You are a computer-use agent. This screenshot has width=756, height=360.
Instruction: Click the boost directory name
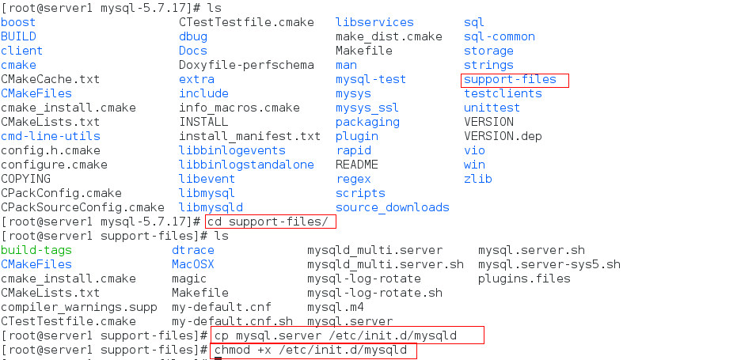[x=18, y=22]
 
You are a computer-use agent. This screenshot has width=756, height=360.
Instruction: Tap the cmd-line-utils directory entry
[x=51, y=136]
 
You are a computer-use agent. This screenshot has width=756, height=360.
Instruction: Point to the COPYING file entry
[x=25, y=179]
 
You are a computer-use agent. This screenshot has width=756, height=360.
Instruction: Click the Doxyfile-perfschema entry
[x=246, y=65]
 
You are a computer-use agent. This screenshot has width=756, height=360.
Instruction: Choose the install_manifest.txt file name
[x=249, y=136]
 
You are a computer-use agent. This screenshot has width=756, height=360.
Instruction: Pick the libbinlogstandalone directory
[x=246, y=165]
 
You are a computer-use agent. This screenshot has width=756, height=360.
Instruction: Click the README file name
[x=357, y=165]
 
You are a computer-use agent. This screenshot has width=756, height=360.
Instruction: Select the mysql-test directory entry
[x=370, y=79]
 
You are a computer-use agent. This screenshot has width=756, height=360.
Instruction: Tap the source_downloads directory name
[x=392, y=207]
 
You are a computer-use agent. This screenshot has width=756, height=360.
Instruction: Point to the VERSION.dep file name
[x=503, y=136]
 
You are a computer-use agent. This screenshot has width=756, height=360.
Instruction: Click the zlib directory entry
[x=478, y=179]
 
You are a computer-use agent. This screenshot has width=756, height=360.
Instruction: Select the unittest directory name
[x=492, y=108]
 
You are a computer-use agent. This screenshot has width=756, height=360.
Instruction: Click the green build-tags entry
[x=36, y=250]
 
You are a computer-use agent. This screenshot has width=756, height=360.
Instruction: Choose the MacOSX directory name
[x=192, y=264]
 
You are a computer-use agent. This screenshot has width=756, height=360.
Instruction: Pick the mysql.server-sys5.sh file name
[x=549, y=264]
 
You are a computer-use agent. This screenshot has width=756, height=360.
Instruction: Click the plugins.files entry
[x=524, y=279]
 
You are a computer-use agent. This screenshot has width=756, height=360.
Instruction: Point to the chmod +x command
[x=311, y=350]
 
